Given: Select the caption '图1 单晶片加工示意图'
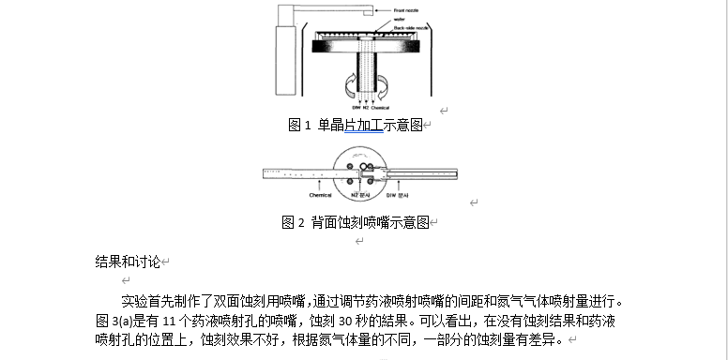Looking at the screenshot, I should (x=356, y=125).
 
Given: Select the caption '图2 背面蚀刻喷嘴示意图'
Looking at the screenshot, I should (x=356, y=223).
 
